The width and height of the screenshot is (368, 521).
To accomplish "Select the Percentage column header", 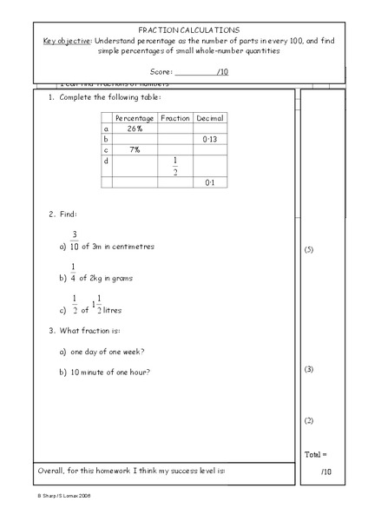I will pos(135,117).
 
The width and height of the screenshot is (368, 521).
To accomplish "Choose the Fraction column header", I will pos(175,117).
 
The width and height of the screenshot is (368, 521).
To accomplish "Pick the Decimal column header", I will pos(209,117).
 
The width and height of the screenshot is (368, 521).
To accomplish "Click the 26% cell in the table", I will pos(135,129).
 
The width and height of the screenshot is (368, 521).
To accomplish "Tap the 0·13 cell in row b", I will pos(209,139).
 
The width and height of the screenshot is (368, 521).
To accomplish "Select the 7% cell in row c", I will pos(135,149).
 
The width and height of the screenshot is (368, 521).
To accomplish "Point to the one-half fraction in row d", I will pos(175,166).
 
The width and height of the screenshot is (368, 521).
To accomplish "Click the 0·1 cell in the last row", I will pos(209,183).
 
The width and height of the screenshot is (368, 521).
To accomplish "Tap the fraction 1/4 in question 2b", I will pos(74,273).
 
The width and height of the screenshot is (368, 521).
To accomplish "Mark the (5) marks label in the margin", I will pos(310,250).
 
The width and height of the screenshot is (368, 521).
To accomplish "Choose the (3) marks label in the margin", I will pos(310,370).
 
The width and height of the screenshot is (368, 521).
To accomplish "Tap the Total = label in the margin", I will pos(315,454).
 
